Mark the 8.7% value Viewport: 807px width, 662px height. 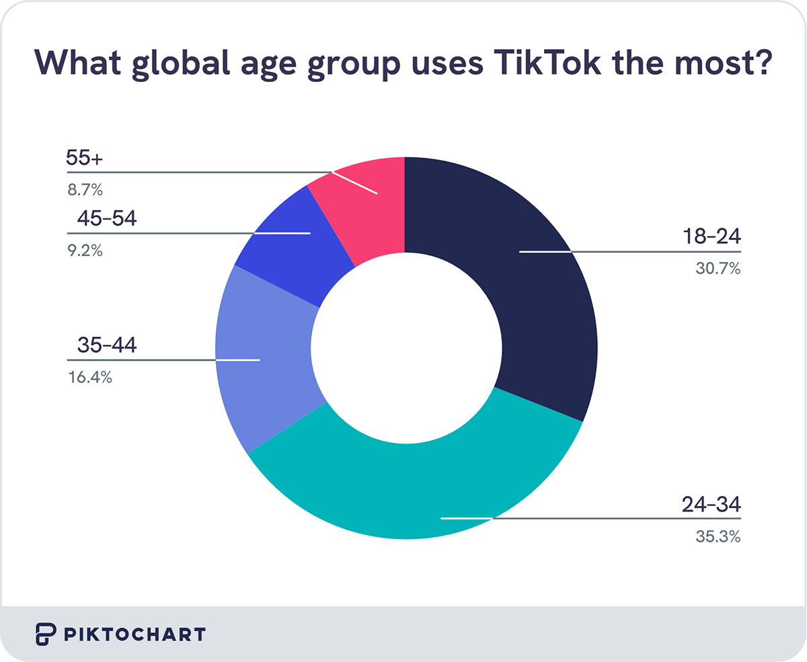point(84,190)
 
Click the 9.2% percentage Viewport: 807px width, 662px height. point(84,251)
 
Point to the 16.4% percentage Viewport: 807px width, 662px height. point(89,378)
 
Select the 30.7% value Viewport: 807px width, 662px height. point(717,270)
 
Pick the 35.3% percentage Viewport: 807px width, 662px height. point(717,536)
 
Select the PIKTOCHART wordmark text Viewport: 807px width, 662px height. point(134,634)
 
